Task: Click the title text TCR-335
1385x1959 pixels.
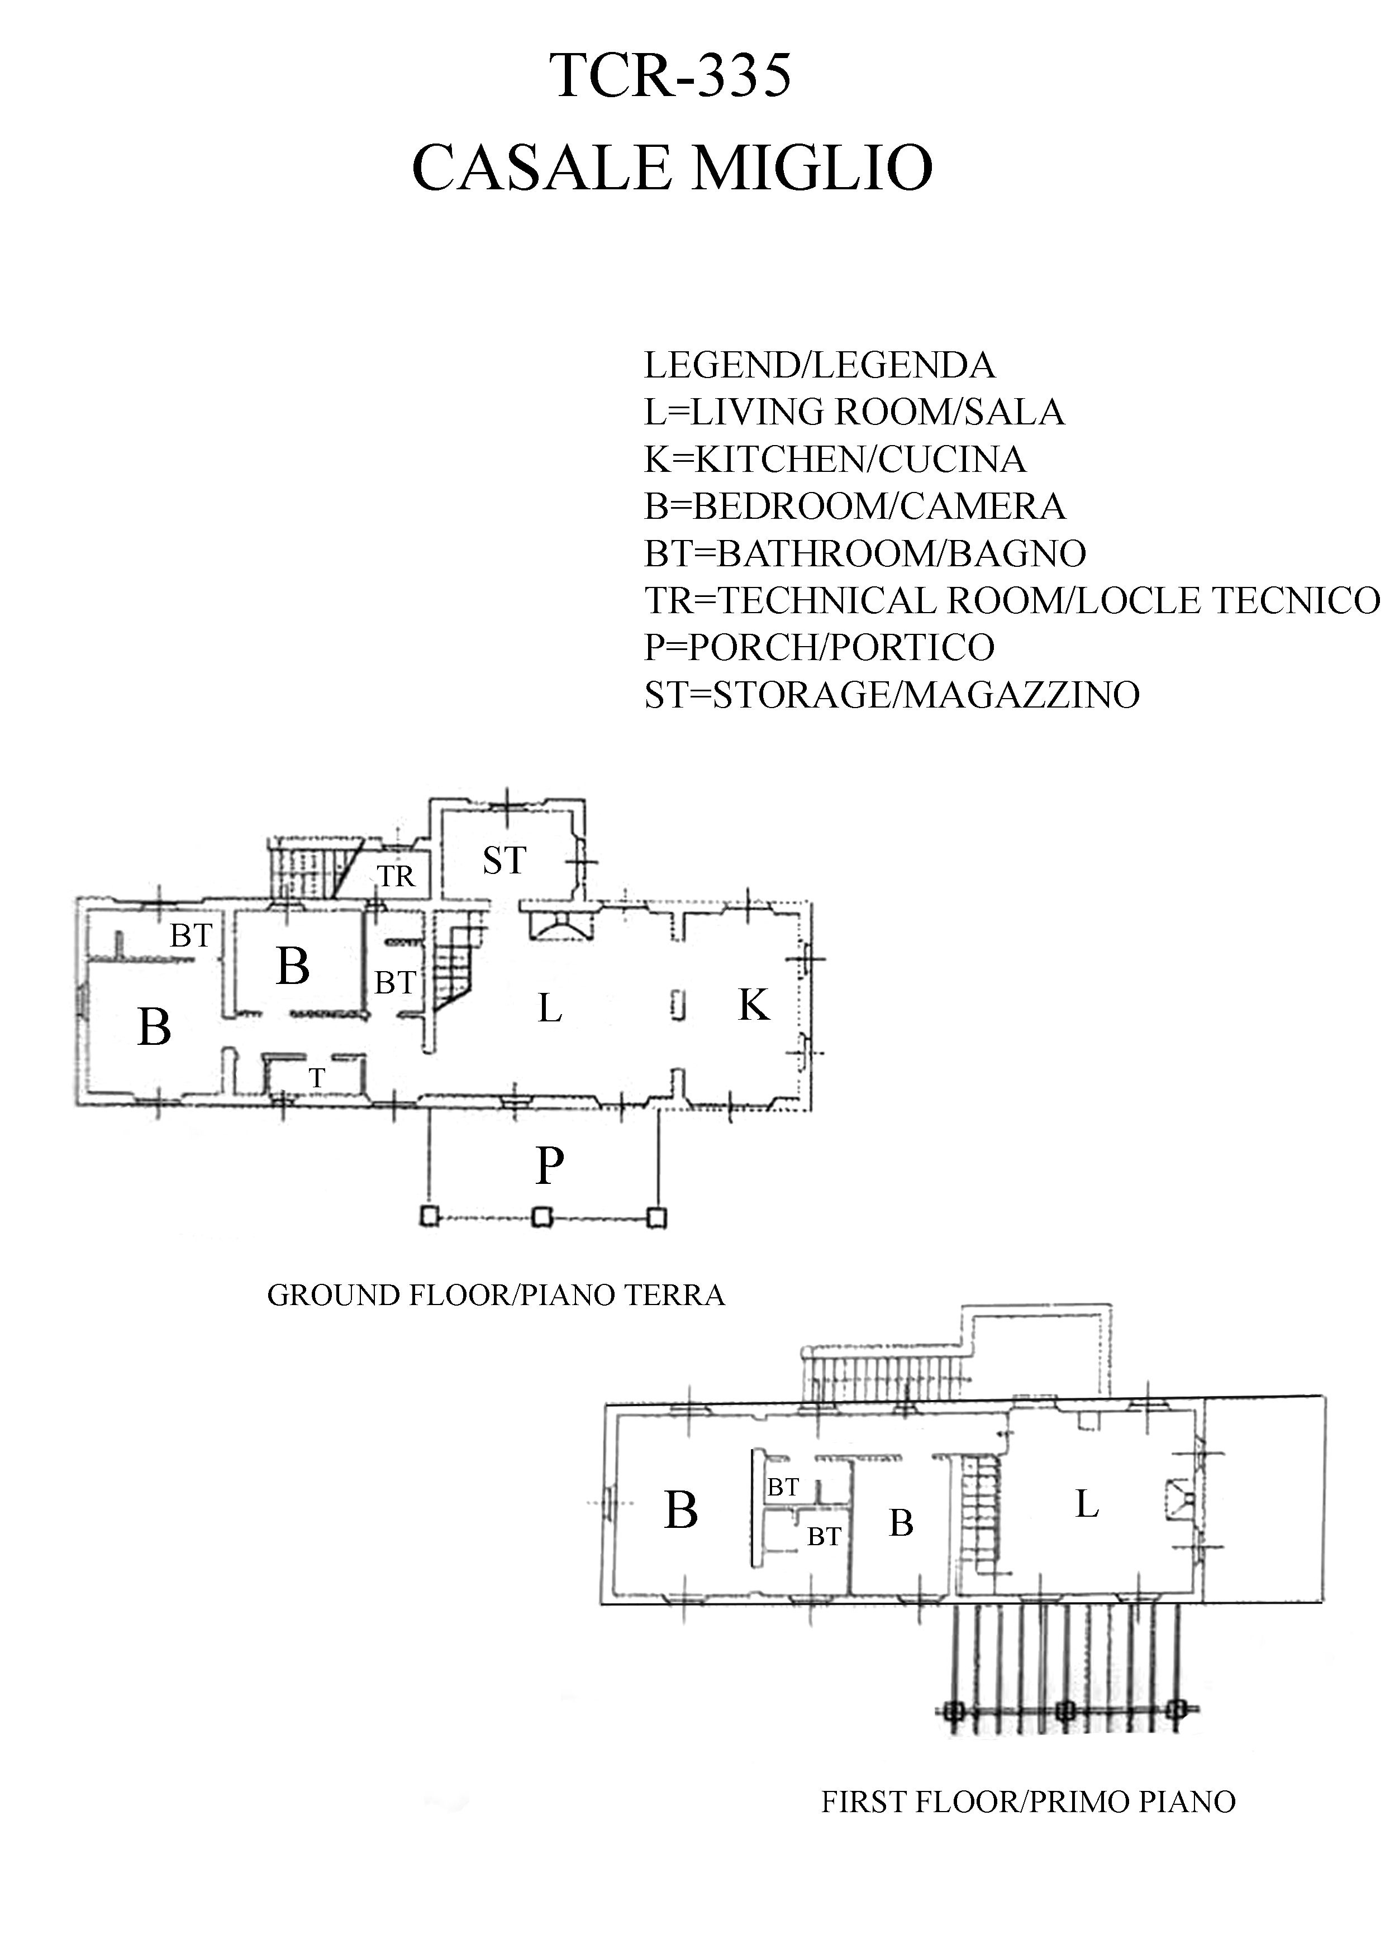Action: [672, 76]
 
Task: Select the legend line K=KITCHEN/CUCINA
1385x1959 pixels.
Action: [835, 460]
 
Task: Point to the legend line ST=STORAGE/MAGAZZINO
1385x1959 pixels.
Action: [892, 695]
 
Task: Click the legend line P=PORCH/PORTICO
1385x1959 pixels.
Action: [819, 648]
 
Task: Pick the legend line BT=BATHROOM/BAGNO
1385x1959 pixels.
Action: [864, 554]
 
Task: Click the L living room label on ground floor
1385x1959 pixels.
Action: [550, 1009]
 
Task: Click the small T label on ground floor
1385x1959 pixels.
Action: [317, 1078]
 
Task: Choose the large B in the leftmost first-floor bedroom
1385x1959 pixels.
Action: [681, 1511]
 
